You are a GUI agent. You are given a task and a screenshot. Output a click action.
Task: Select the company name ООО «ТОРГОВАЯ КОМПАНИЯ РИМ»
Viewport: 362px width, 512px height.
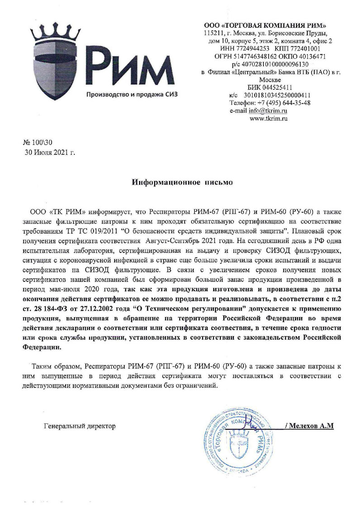click(x=265, y=25)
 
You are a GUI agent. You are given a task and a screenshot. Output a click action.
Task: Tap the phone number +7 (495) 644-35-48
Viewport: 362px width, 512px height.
click(x=284, y=103)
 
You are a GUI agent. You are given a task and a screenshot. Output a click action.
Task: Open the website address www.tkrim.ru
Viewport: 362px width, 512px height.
click(x=269, y=118)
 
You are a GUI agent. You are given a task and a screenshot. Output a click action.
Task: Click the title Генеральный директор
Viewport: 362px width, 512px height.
click(x=80, y=426)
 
